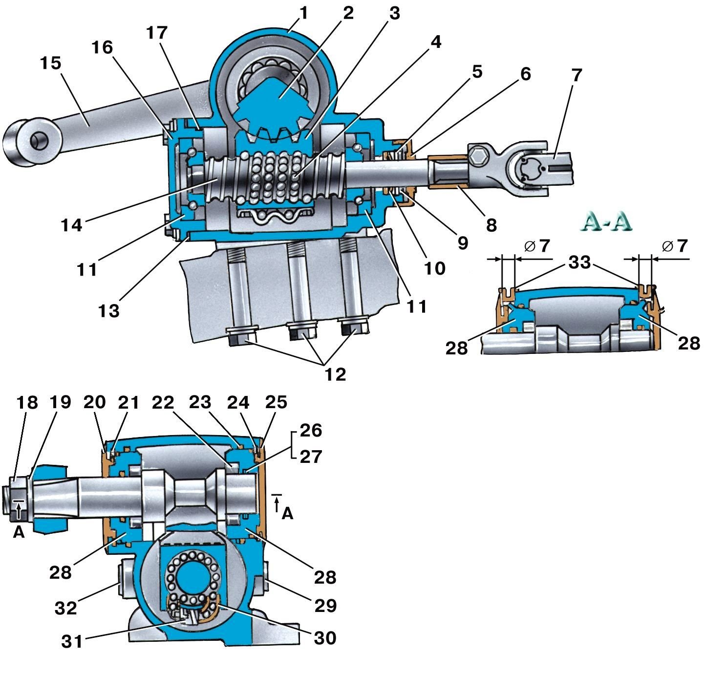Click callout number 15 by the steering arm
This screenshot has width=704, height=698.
[x=51, y=63]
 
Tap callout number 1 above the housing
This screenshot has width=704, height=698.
[x=303, y=13]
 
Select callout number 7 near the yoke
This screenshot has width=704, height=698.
[x=576, y=75]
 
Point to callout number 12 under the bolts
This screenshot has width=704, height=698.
[x=335, y=374]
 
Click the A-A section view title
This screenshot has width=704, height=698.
[x=606, y=221]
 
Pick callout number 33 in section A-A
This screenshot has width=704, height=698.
[x=579, y=262]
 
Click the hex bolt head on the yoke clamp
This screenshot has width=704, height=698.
[x=479, y=158]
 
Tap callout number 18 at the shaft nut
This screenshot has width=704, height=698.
[x=27, y=403]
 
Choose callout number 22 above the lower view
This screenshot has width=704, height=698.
[x=163, y=403]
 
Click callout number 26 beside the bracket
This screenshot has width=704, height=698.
[x=311, y=430]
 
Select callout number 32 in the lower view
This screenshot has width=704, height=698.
[x=66, y=609]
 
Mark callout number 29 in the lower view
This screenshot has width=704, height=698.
[x=325, y=606]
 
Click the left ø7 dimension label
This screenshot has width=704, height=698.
[x=537, y=246]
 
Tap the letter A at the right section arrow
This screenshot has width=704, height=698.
[x=287, y=514]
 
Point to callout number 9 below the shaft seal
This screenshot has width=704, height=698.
[x=463, y=243]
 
